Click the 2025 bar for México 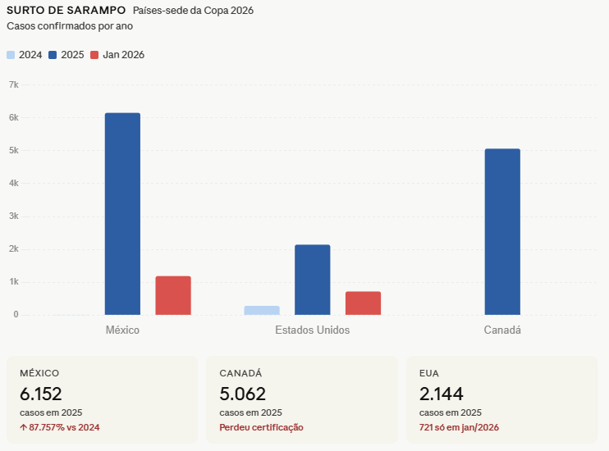(x=122, y=214)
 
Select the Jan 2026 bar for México (x=173, y=295)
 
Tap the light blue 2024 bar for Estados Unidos (x=262, y=310)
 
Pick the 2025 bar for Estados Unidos (x=313, y=280)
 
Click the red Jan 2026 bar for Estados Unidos (x=363, y=303)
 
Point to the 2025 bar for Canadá (x=502, y=231)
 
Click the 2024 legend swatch (x=11, y=55)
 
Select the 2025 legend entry (x=66, y=55)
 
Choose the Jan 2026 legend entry (x=117, y=55)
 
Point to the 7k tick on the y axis (x=13, y=84)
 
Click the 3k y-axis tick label (x=13, y=216)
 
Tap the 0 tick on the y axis (x=16, y=315)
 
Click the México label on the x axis (x=122, y=330)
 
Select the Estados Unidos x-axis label (x=312, y=330)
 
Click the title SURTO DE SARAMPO (x=66, y=11)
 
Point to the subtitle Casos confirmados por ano (x=70, y=25)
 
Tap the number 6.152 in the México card (x=41, y=394)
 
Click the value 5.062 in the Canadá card (x=242, y=394)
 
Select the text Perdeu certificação (x=261, y=427)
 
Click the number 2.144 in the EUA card (x=442, y=394)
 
